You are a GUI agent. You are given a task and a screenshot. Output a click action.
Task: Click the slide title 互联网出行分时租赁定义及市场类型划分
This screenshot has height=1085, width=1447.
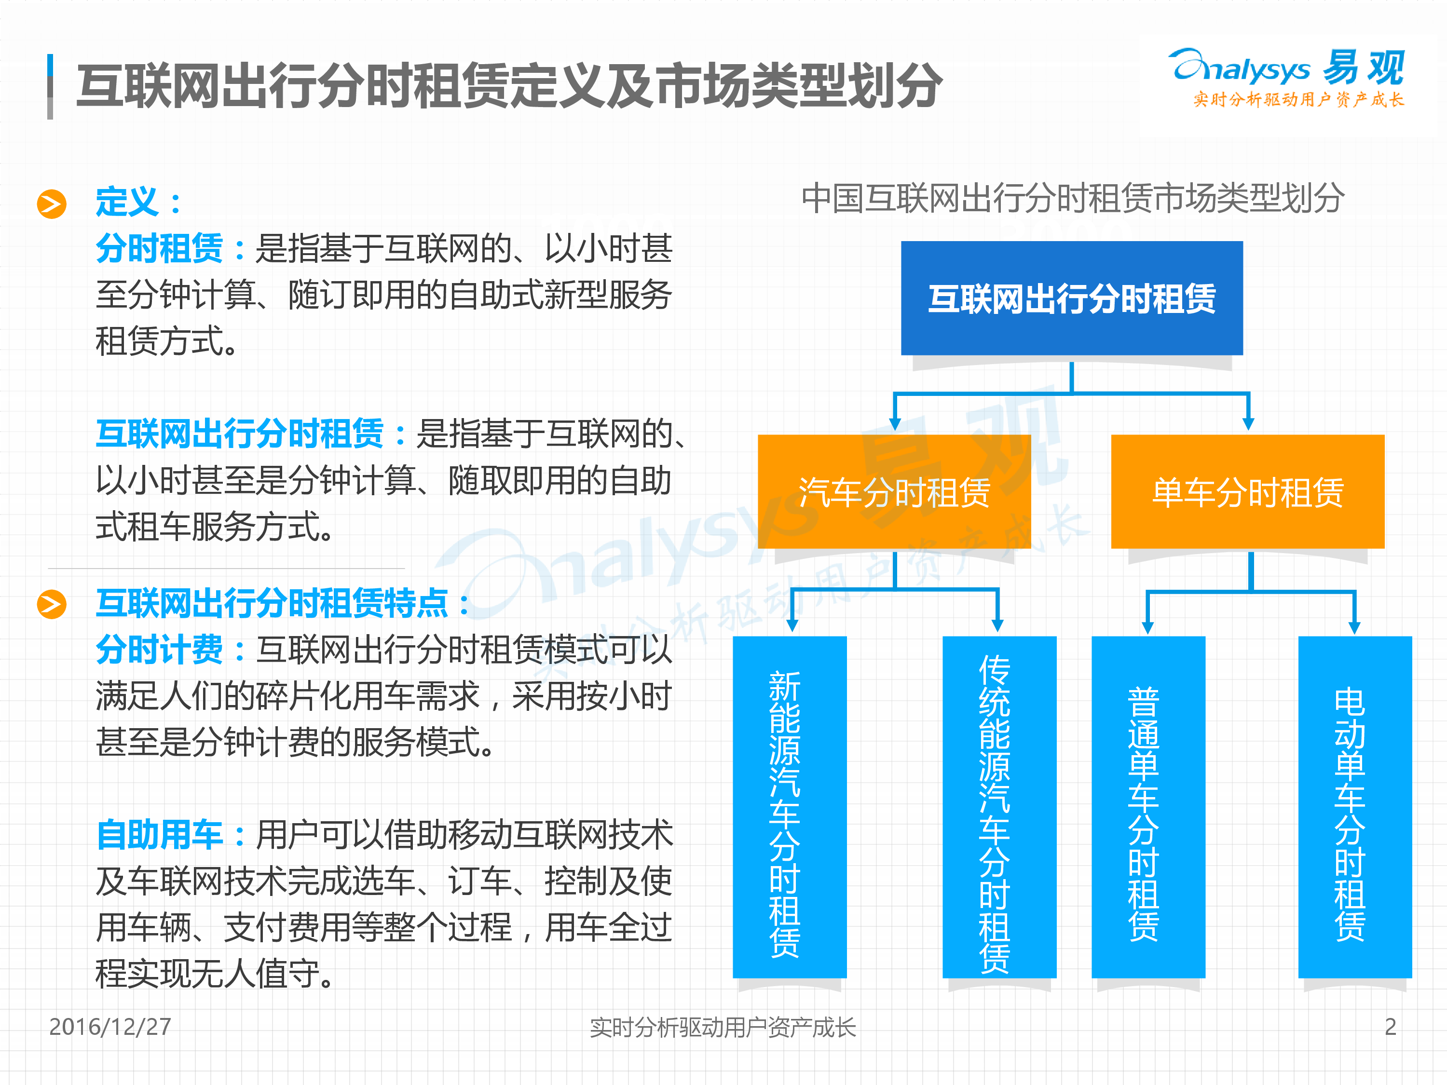tap(509, 86)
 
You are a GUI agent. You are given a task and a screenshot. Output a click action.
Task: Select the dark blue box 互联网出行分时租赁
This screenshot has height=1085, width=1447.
tap(1072, 298)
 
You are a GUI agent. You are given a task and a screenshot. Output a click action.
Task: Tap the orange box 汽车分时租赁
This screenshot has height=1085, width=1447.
tap(894, 492)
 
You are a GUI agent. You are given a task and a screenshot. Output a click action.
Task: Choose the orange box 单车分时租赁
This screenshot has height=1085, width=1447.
tap(1247, 492)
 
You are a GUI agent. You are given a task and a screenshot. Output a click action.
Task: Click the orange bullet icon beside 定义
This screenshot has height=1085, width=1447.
tap(52, 203)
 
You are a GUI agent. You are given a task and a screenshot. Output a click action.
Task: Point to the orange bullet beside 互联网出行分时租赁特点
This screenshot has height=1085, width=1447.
tap(52, 604)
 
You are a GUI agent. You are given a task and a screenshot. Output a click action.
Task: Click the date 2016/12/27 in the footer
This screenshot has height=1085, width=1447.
tap(110, 1027)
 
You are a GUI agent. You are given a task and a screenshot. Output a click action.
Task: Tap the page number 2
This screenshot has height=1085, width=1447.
tap(1390, 1027)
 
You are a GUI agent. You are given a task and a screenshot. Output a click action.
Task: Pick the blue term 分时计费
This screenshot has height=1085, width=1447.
tap(159, 650)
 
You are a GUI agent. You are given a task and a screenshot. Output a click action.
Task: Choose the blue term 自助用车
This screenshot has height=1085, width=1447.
tap(159, 835)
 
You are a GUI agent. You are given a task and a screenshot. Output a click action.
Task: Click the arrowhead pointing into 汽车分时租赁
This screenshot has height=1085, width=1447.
tap(895, 424)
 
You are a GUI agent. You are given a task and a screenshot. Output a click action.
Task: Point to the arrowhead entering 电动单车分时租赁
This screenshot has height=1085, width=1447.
tap(1354, 626)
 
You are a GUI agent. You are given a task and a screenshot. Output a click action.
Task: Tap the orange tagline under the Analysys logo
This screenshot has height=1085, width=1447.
tap(1298, 99)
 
